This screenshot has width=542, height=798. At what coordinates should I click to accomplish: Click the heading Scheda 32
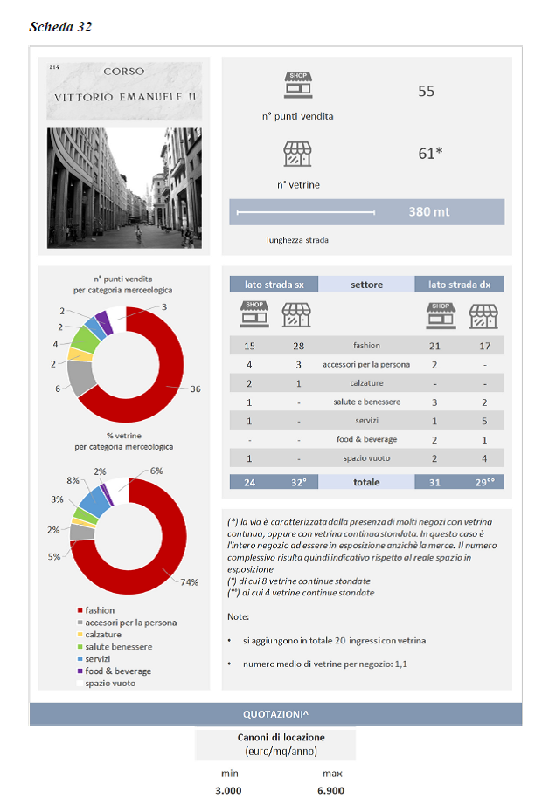pyautogui.click(x=60, y=26)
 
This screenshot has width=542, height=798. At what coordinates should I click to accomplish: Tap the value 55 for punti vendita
pyautogui.click(x=426, y=91)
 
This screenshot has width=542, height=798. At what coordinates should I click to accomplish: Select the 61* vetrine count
pyautogui.click(x=430, y=154)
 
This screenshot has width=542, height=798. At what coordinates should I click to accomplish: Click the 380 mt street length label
pyautogui.click(x=429, y=211)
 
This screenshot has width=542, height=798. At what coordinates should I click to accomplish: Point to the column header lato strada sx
pyautogui.click(x=274, y=285)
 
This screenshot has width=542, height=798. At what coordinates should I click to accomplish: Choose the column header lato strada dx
pyautogui.click(x=459, y=285)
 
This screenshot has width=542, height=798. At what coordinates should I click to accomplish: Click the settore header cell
pyautogui.click(x=366, y=285)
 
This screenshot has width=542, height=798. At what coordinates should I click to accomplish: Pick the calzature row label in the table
pyautogui.click(x=366, y=382)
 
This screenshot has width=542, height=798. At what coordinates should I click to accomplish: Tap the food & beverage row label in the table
pyautogui.click(x=366, y=439)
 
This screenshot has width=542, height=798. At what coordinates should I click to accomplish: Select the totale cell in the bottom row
pyautogui.click(x=366, y=482)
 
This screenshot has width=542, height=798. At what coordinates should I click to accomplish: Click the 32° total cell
pyautogui.click(x=299, y=482)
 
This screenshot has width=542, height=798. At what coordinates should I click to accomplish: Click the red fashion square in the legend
pyautogui.click(x=80, y=610)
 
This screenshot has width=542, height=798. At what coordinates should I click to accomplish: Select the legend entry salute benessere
pyautogui.click(x=118, y=647)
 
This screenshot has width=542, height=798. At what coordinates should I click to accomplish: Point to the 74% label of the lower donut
pyautogui.click(x=189, y=581)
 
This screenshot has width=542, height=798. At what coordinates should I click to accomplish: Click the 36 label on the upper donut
pyautogui.click(x=195, y=389)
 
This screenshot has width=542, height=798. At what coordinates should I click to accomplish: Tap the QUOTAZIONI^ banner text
pyautogui.click(x=275, y=714)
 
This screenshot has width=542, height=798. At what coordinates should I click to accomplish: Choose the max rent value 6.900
pyautogui.click(x=331, y=790)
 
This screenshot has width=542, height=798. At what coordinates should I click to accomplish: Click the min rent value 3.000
pyautogui.click(x=229, y=790)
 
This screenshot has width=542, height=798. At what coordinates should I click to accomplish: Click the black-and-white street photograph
pyautogui.click(x=124, y=188)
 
